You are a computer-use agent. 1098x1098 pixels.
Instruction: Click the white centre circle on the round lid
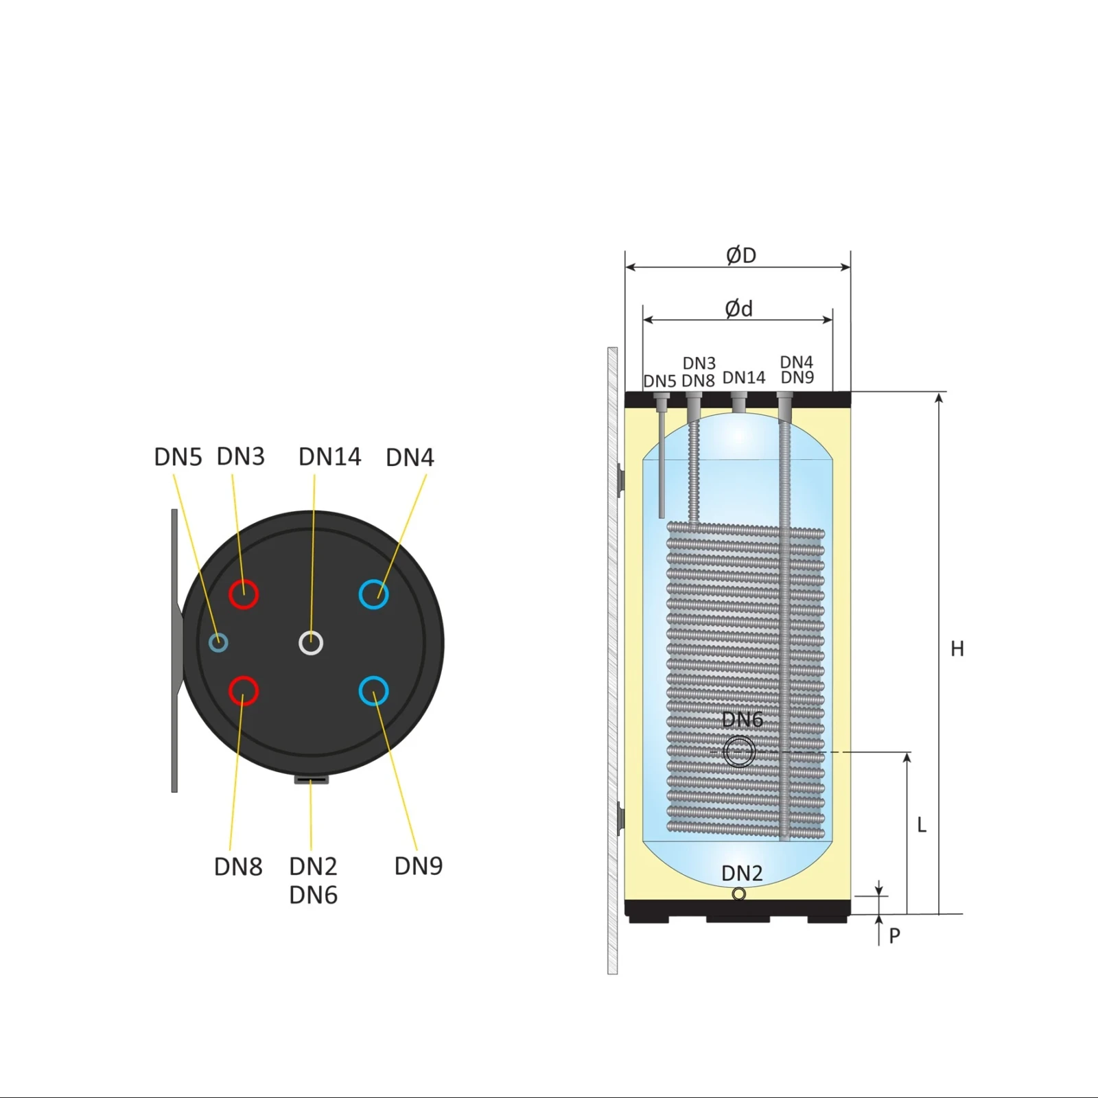click(301, 643)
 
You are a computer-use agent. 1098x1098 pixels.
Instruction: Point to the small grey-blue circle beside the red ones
click(210, 643)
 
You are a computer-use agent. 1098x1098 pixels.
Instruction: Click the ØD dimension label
click(741, 255)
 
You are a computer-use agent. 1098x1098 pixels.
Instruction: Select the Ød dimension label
click(739, 308)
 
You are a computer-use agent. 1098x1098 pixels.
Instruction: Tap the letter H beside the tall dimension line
click(957, 649)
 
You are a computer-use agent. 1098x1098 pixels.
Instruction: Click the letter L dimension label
click(922, 825)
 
